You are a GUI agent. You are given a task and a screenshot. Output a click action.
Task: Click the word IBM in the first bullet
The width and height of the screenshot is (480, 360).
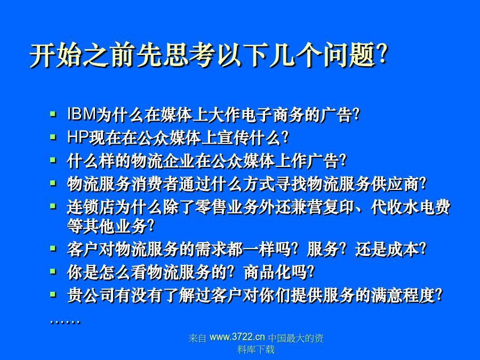82,114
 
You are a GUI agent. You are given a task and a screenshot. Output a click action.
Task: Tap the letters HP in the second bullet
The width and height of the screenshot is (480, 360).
78,137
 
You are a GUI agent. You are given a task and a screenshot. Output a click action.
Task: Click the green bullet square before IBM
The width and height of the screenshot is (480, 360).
53,115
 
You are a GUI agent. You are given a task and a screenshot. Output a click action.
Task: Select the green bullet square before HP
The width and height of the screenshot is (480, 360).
53,137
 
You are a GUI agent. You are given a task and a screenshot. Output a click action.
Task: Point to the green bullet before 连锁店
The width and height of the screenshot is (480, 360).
53,207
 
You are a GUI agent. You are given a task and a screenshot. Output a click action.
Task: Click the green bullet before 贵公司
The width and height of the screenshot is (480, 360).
53,295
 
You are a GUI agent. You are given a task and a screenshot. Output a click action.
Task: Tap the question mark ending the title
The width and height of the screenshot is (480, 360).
382,54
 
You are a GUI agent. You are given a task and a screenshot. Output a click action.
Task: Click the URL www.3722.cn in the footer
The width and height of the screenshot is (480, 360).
237,337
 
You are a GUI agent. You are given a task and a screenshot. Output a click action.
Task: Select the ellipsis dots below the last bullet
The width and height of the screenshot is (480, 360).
65,322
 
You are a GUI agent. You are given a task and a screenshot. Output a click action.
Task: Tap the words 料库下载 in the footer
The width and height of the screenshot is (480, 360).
256,349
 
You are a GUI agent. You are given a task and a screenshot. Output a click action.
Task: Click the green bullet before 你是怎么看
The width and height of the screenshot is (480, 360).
53,272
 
